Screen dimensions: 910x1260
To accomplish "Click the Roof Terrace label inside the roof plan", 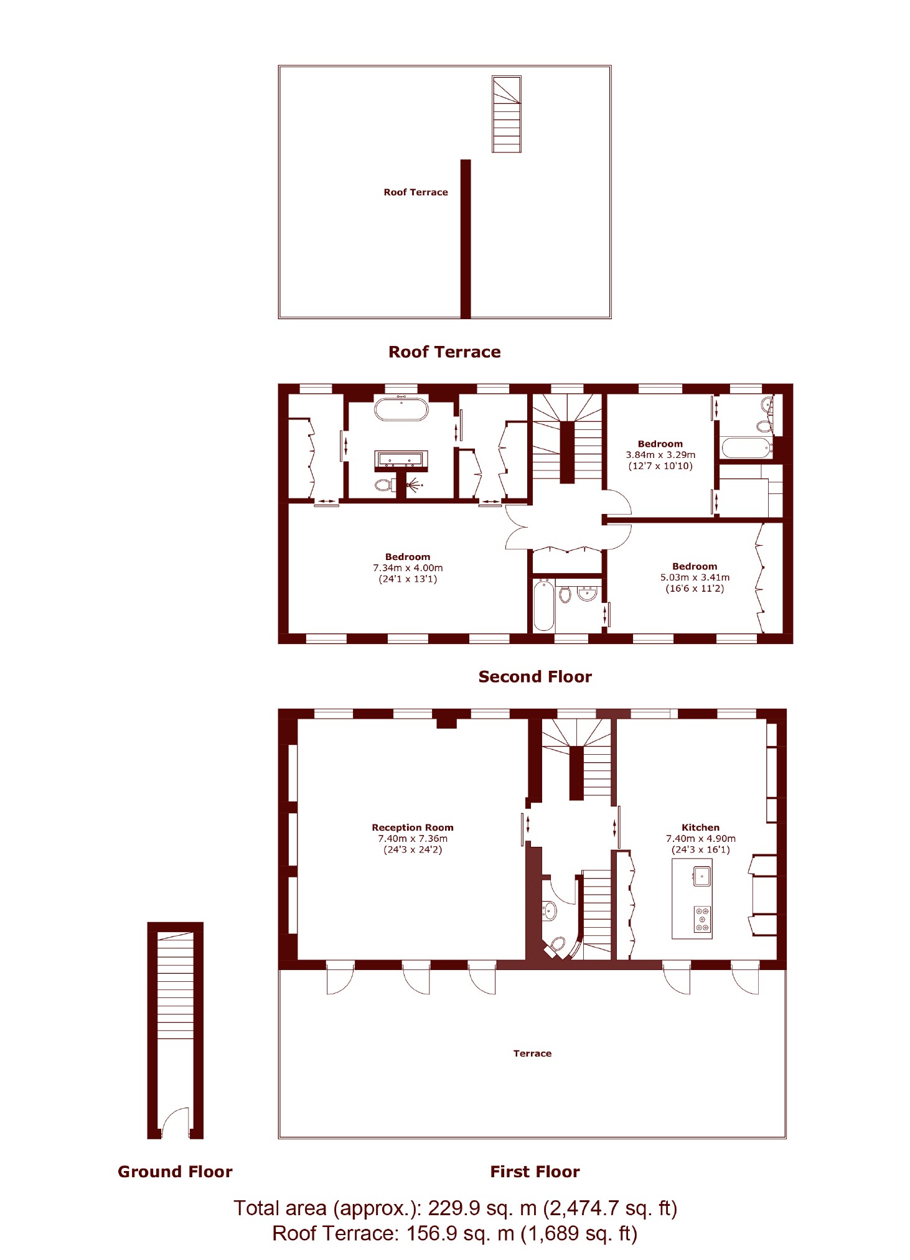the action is [415, 192].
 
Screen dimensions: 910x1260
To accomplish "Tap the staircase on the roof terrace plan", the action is [506, 114].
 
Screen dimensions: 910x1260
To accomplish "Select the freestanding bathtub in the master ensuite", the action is [401, 409].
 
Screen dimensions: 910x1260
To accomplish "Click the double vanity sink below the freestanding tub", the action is [401, 460].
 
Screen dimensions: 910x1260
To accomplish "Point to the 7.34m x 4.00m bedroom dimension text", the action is [408, 568].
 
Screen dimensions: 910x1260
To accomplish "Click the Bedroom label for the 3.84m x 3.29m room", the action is [660, 444].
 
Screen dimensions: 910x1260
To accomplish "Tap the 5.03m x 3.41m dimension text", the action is [695, 577].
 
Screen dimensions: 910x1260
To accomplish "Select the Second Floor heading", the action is [535, 676].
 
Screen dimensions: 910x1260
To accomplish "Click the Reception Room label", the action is [413, 828].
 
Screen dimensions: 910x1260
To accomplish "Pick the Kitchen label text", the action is [700, 828].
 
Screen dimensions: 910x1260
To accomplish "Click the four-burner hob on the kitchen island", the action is [703, 919].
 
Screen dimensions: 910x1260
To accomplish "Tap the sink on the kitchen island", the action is [701, 876].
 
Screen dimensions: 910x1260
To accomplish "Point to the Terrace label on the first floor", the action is [532, 1053].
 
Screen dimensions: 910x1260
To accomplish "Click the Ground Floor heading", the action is [175, 1172].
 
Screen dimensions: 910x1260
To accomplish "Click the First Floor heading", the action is [535, 1172].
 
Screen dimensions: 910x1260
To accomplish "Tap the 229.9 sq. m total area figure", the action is [482, 1208].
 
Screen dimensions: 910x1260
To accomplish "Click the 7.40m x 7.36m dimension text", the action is [413, 839].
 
